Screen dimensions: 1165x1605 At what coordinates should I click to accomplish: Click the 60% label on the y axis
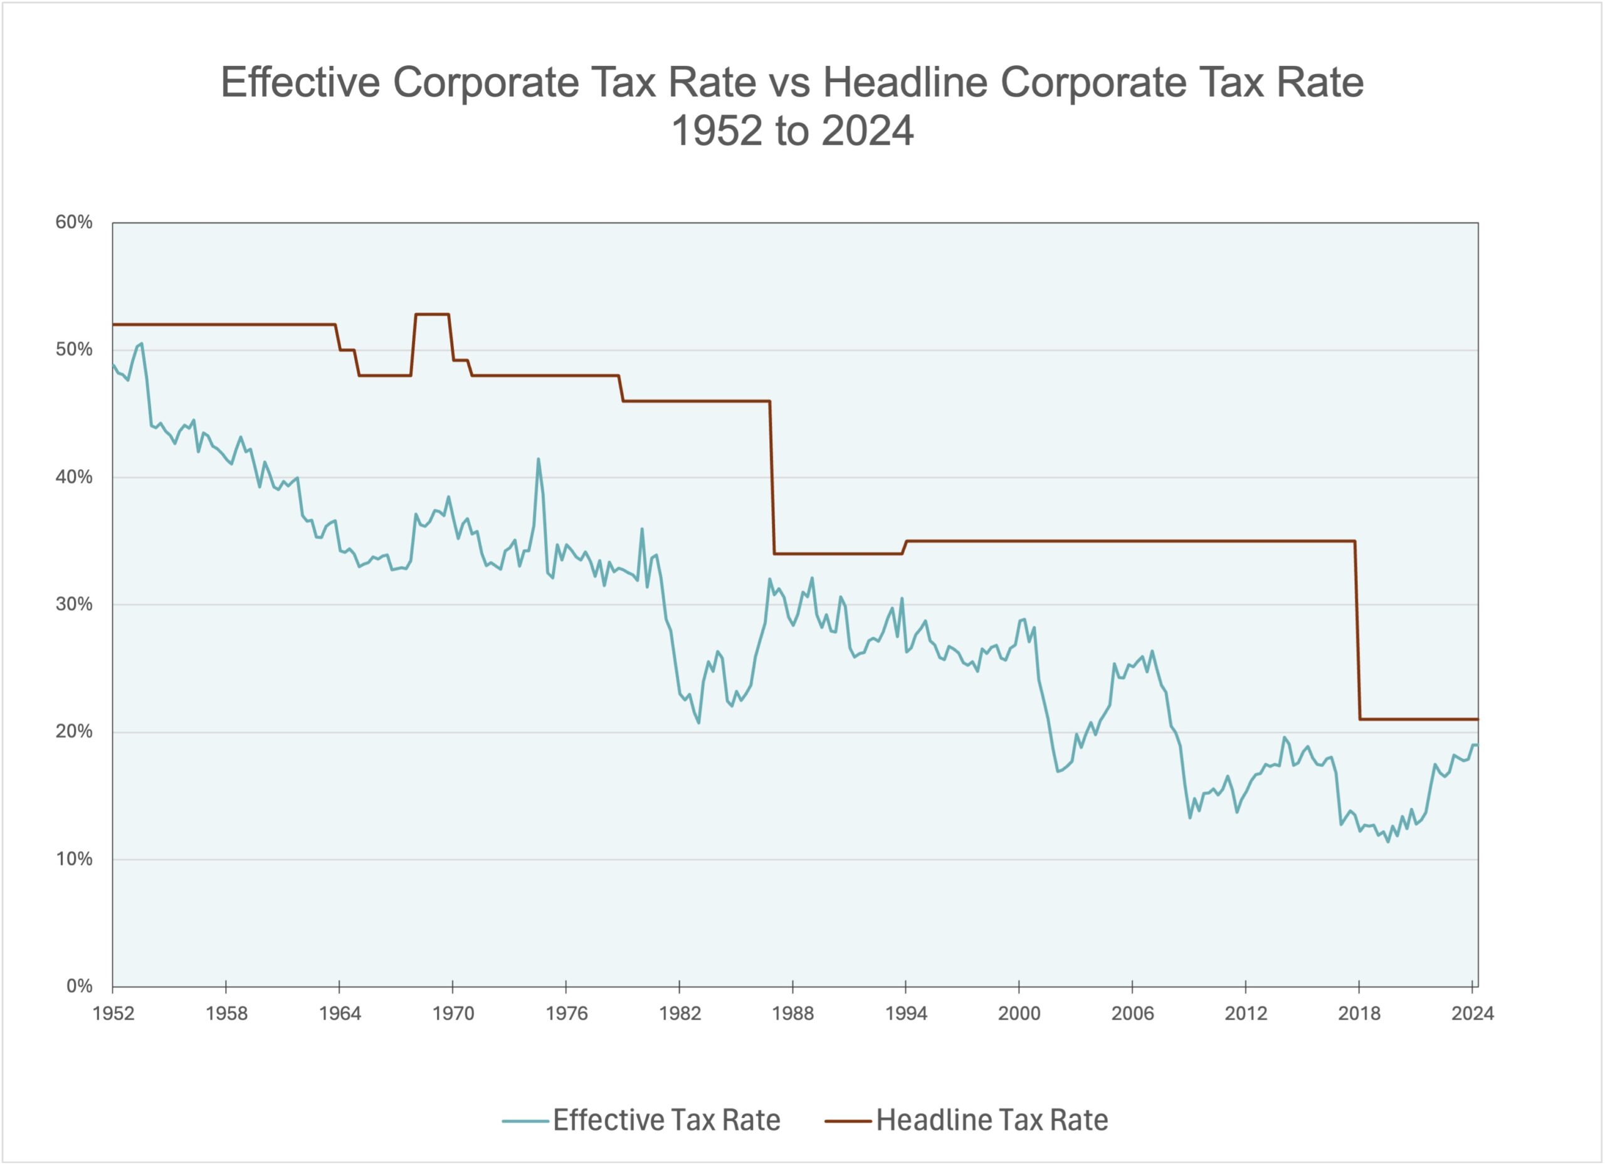point(73,222)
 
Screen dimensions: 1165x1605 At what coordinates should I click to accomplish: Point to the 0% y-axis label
point(78,986)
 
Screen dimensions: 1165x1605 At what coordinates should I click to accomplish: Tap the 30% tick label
point(73,604)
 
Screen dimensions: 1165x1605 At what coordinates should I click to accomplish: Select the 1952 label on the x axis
point(113,1013)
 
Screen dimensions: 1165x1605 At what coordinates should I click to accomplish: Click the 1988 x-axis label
point(792,1013)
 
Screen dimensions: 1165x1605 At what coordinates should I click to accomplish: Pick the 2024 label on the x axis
point(1472,1013)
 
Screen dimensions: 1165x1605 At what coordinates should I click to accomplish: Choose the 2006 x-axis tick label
point(1132,1013)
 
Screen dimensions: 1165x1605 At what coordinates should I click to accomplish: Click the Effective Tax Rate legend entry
point(665,1120)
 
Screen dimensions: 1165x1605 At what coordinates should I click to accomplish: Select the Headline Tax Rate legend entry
point(991,1120)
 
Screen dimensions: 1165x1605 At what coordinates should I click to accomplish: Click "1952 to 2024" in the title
point(792,132)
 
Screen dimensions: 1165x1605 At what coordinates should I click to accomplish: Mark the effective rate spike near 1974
point(538,460)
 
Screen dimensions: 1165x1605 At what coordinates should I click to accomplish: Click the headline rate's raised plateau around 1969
point(432,314)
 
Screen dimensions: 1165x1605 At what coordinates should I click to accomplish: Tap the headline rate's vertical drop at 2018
point(1357,630)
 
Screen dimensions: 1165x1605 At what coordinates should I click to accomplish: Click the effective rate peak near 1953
point(142,344)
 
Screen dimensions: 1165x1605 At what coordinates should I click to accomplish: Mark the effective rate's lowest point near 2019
point(1387,841)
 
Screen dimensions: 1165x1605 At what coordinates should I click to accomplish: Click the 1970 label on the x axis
point(453,1013)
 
